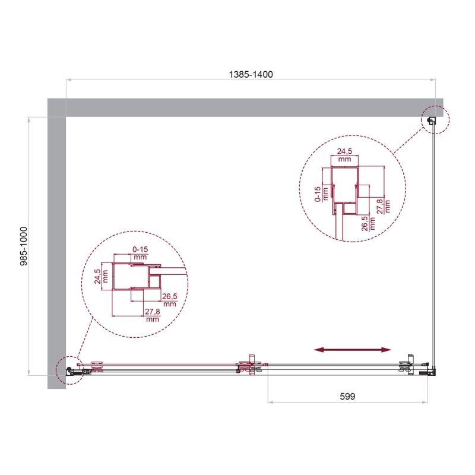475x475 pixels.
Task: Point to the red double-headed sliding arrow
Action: coord(353,350)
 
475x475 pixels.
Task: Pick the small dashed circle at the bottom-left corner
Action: coord(68,372)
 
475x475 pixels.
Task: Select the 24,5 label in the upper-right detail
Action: coord(344,156)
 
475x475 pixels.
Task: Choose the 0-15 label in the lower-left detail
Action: coord(140,254)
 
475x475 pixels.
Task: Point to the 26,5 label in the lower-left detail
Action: coord(169,299)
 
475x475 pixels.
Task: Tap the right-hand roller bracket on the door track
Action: coord(407,367)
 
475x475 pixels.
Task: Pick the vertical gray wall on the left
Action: coord(56,243)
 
